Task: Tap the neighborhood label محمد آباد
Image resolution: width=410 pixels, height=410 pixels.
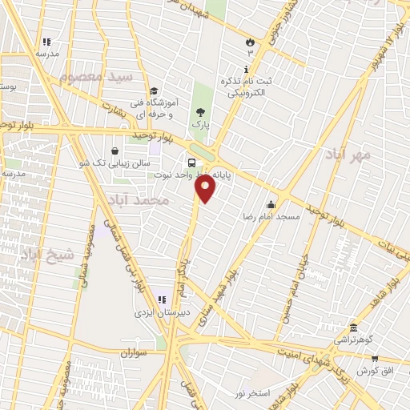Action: [x=137, y=199]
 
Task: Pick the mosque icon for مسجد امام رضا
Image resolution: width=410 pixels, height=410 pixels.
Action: [x=271, y=203]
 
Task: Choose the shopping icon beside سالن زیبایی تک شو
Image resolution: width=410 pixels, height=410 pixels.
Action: [x=116, y=150]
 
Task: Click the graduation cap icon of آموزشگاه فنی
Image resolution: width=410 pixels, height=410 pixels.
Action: [x=154, y=90]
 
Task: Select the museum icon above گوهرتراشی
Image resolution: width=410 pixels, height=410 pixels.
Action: [x=353, y=327]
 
